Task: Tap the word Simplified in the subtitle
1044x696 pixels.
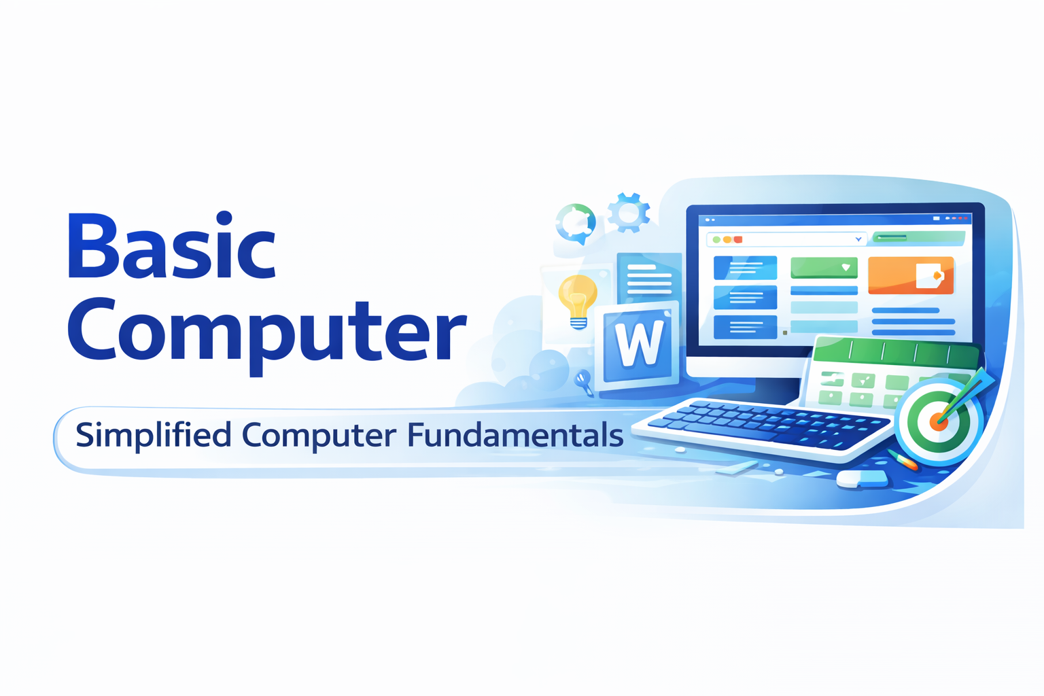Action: (154, 435)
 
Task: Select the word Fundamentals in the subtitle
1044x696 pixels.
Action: (515, 435)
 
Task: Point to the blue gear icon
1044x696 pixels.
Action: (628, 213)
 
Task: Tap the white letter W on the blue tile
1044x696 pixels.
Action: (638, 344)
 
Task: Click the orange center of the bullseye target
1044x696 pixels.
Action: (939, 421)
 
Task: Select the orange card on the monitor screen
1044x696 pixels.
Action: (911, 275)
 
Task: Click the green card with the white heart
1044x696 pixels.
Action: (824, 268)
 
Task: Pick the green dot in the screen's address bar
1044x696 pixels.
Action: (716, 240)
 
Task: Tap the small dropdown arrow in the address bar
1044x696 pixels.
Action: (858, 239)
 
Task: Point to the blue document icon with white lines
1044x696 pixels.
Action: (649, 277)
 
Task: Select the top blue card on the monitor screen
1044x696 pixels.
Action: (745, 268)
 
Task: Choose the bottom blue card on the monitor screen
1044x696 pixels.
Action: (745, 327)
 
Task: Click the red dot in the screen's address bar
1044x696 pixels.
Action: (738, 240)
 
